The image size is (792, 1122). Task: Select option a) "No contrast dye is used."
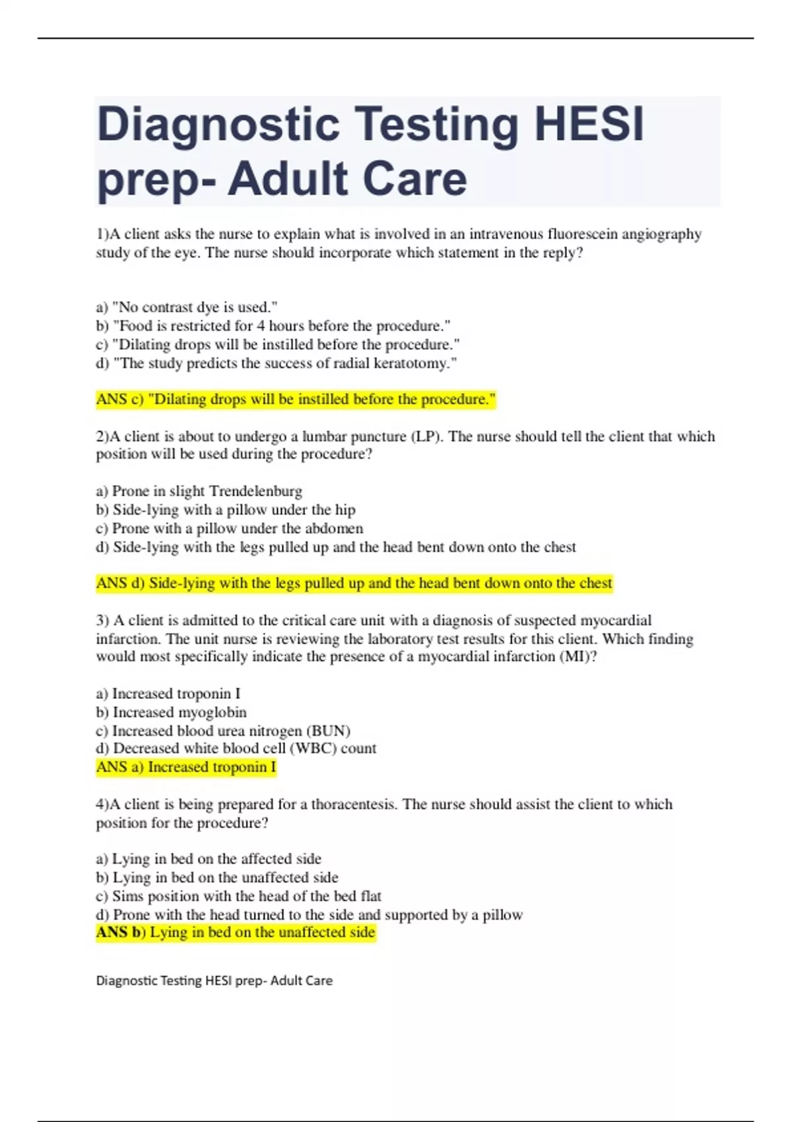coord(187,307)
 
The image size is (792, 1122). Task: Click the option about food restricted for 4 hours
coord(273,326)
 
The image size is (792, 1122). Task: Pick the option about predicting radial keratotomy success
coord(276,363)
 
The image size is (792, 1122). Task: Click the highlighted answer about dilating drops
coord(296,399)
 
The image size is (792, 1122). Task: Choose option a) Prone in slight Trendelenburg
coord(199,491)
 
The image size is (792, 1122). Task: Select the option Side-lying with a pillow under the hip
coord(226,510)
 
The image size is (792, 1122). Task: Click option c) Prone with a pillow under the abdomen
coord(230,528)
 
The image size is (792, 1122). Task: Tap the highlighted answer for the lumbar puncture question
coord(354,583)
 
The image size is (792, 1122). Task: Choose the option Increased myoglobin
coord(172,712)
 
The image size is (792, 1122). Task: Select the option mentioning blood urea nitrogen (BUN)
coord(223,731)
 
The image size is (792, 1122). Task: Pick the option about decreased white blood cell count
coord(236,748)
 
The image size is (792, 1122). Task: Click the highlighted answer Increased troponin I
coord(186,767)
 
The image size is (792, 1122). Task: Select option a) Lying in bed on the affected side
coord(209,859)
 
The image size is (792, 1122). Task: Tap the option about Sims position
coord(239,896)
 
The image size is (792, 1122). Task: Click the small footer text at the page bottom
coord(214,981)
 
